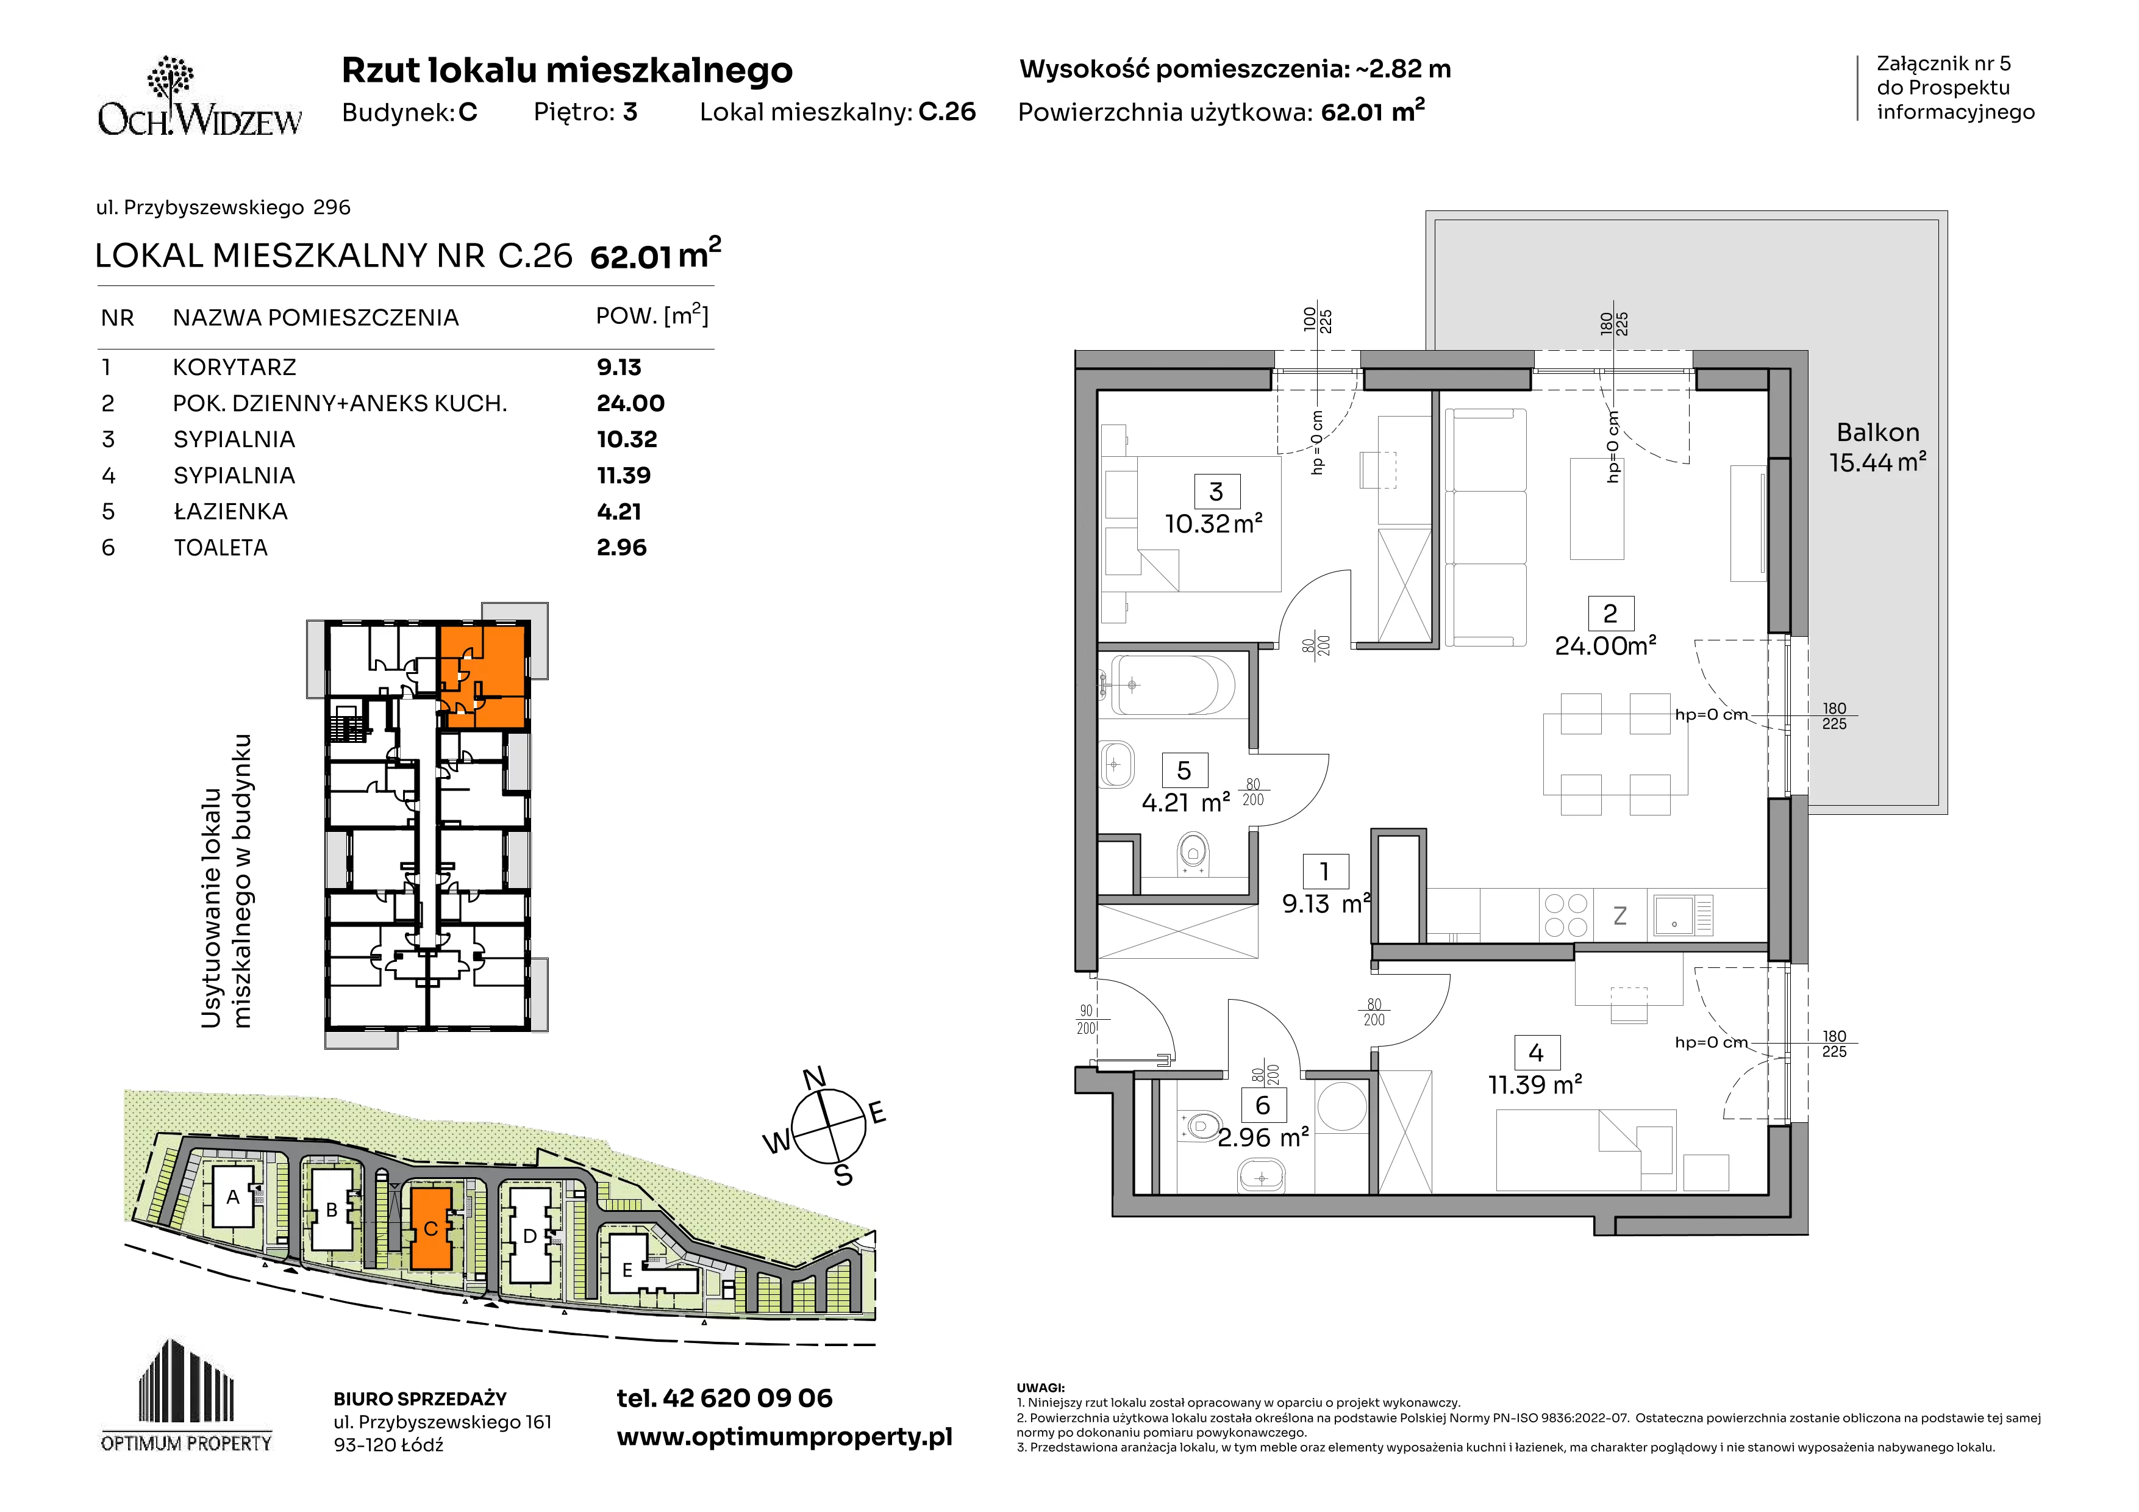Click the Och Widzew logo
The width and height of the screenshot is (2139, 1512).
tap(200, 97)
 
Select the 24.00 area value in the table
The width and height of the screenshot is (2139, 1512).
tap(630, 403)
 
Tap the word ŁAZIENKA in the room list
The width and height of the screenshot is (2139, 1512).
tap(230, 512)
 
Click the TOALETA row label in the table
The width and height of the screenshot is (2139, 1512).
tap(221, 548)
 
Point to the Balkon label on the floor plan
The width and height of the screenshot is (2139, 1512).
tap(1878, 432)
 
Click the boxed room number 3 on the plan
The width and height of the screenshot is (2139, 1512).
tap(1216, 491)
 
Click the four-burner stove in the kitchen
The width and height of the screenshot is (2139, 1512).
tap(1566, 915)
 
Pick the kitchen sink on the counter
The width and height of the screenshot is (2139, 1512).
tap(1684, 915)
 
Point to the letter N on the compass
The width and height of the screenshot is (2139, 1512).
tap(814, 1078)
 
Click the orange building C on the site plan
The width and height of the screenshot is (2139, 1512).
tap(430, 1227)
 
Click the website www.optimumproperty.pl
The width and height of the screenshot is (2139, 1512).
tap(784, 1438)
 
